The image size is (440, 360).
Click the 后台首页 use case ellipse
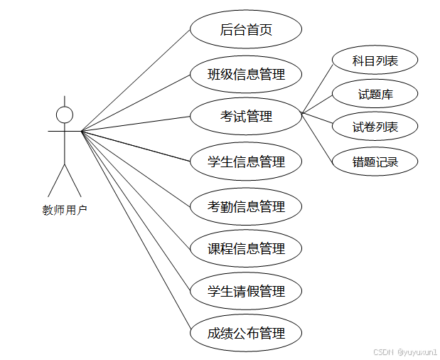pyautogui.click(x=246, y=30)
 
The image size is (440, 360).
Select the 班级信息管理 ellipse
pyautogui.click(x=246, y=74)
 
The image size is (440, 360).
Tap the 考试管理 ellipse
pyautogui.click(x=246, y=117)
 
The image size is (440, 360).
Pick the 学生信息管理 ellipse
pyautogui.click(x=246, y=162)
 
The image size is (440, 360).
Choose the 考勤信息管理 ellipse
pyautogui.click(x=246, y=206)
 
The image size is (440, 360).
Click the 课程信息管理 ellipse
pyautogui.click(x=246, y=248)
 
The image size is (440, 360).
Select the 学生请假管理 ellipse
pyautogui.click(x=246, y=291)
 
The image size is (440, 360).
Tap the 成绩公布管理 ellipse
pyautogui.click(x=246, y=333)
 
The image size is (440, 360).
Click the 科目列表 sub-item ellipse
pyautogui.click(x=375, y=61)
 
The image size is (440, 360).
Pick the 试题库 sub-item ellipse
pyautogui.click(x=375, y=94)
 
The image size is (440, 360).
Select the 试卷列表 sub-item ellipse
pyautogui.click(x=375, y=127)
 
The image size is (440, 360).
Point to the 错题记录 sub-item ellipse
pyautogui.click(x=375, y=162)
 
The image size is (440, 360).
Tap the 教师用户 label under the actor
pyautogui.click(x=65, y=209)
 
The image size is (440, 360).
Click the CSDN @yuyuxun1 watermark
pyautogui.click(x=404, y=351)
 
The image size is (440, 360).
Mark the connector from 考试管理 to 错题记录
pyautogui.click(x=317, y=137)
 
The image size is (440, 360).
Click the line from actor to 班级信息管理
pyautogui.click(x=135, y=103)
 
